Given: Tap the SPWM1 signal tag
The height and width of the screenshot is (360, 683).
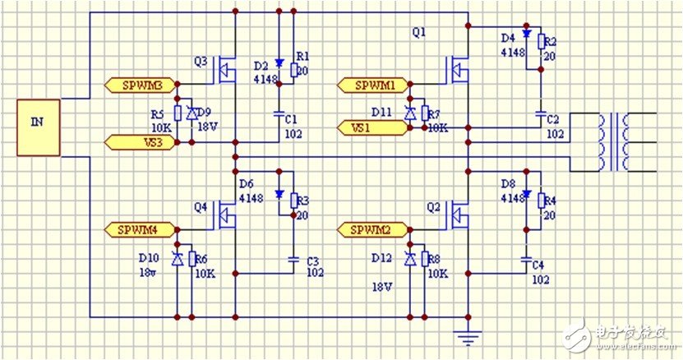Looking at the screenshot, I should click(373, 85).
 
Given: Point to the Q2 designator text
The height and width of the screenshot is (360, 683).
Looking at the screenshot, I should click(434, 206).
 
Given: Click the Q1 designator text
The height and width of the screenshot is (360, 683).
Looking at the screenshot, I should click(418, 33).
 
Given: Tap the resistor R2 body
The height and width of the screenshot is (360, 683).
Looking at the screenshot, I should click(540, 41).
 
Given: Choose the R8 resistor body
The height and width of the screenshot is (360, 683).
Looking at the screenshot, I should click(424, 259).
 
